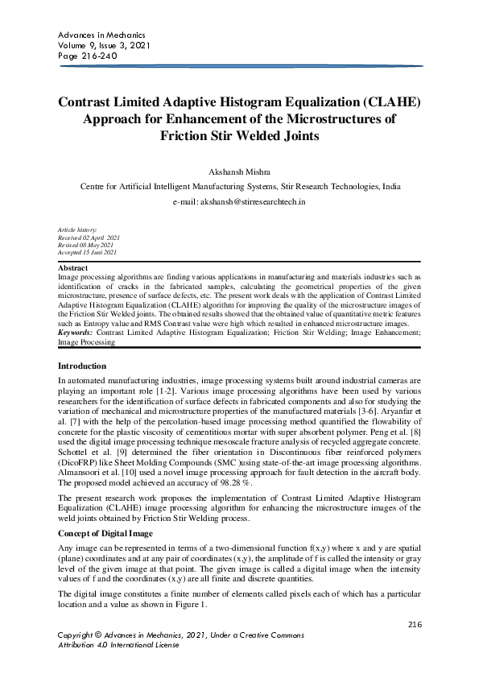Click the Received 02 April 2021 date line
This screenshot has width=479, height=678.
pos(89,238)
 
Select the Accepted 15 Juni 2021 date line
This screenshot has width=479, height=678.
pos(89,253)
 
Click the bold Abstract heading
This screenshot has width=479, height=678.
pos(73,267)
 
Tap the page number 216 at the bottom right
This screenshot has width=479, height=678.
pos(415,624)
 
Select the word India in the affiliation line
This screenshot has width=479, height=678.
pos(391,186)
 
